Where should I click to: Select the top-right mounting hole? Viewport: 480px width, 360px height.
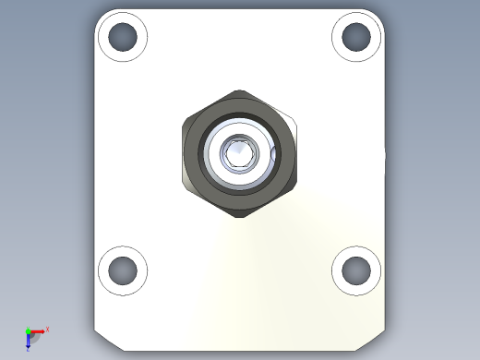(x=356, y=37)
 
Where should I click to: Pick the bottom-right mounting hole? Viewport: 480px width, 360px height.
(x=356, y=270)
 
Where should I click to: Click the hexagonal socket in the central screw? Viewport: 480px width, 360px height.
(x=240, y=153)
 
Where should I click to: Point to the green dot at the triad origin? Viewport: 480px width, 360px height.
(x=29, y=330)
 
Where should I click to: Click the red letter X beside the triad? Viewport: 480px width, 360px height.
(x=47, y=329)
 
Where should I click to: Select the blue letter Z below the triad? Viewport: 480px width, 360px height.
(x=28, y=349)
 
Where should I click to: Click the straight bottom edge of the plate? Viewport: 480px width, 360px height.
(x=240, y=351)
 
